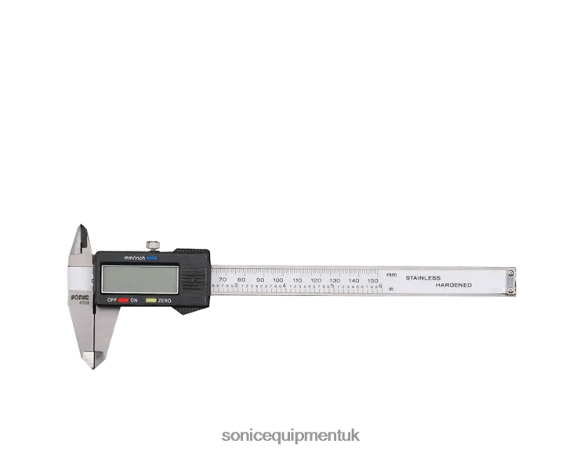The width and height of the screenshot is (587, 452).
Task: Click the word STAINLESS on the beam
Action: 422,278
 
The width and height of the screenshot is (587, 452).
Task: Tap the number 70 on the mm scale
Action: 223,280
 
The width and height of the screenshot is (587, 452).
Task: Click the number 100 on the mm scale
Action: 277,280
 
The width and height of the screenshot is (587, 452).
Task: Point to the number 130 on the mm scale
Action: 335,280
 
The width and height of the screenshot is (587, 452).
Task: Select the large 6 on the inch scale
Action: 381,287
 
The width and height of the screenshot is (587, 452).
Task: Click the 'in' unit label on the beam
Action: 390,290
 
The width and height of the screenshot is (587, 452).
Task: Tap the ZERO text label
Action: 165,301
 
